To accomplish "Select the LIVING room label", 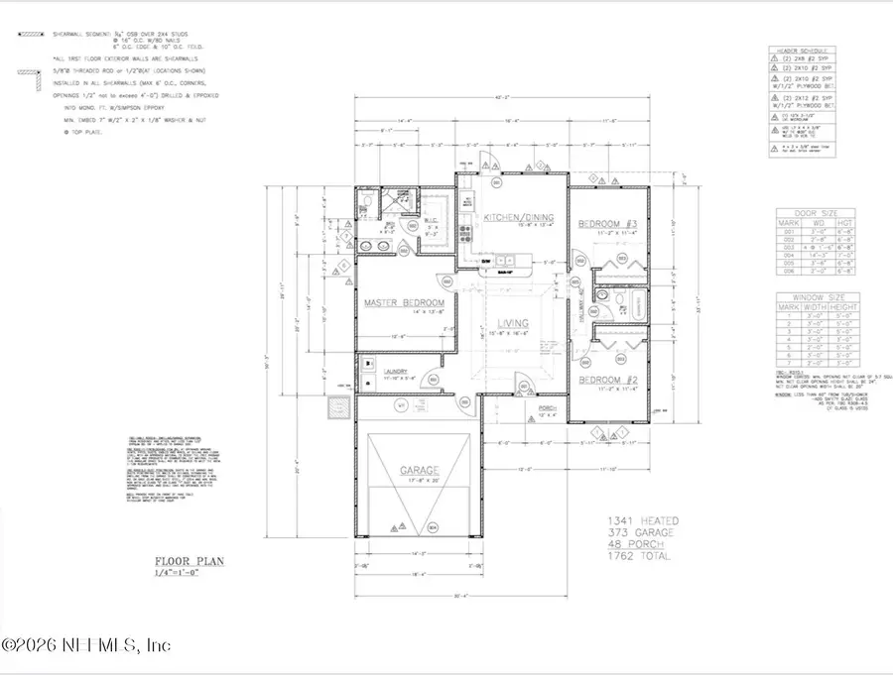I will [x=512, y=323].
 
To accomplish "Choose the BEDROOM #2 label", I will [x=608, y=381].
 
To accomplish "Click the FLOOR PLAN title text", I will [x=189, y=561].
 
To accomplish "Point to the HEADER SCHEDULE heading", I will [x=808, y=50].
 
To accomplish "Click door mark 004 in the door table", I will [x=791, y=254].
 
